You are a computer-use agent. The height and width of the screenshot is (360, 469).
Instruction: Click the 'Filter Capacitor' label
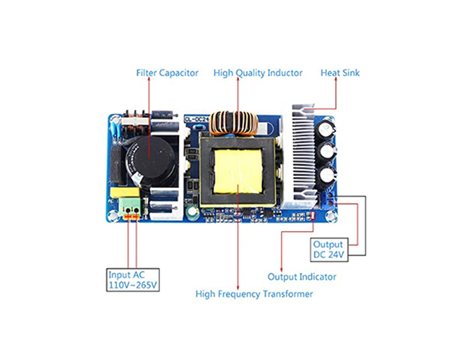pyautogui.click(x=167, y=73)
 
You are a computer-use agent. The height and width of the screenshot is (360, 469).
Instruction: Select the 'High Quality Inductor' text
pyautogui.click(x=258, y=73)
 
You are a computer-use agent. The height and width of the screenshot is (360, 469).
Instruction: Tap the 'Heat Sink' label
pyautogui.click(x=340, y=73)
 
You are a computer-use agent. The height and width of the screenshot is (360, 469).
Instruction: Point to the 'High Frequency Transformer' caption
pyautogui.click(x=254, y=294)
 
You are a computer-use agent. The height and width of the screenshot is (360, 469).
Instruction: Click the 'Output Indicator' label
pyautogui.click(x=302, y=277)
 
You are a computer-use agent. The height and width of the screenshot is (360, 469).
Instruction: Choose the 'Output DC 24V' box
pyautogui.click(x=329, y=250)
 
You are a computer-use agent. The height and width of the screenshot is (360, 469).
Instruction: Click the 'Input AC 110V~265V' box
pyautogui.click(x=133, y=280)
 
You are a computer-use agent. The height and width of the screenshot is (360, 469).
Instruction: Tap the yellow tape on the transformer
pyautogui.click(x=238, y=171)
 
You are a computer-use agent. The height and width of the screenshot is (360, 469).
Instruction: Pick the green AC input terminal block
pyautogui.click(x=130, y=208)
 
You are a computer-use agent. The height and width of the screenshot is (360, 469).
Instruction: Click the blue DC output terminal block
pyautogui.click(x=328, y=200)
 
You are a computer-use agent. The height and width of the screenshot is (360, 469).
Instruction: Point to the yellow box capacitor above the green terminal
pyautogui.click(x=125, y=192)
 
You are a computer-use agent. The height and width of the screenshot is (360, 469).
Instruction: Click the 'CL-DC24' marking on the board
pyautogui.click(x=196, y=119)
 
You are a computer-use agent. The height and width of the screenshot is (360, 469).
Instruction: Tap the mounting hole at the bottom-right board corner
pyautogui.click(x=331, y=216)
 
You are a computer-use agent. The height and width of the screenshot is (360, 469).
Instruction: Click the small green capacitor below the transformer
pyautogui.click(x=192, y=212)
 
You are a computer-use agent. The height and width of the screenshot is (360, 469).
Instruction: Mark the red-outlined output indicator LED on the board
pyautogui.click(x=312, y=216)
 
